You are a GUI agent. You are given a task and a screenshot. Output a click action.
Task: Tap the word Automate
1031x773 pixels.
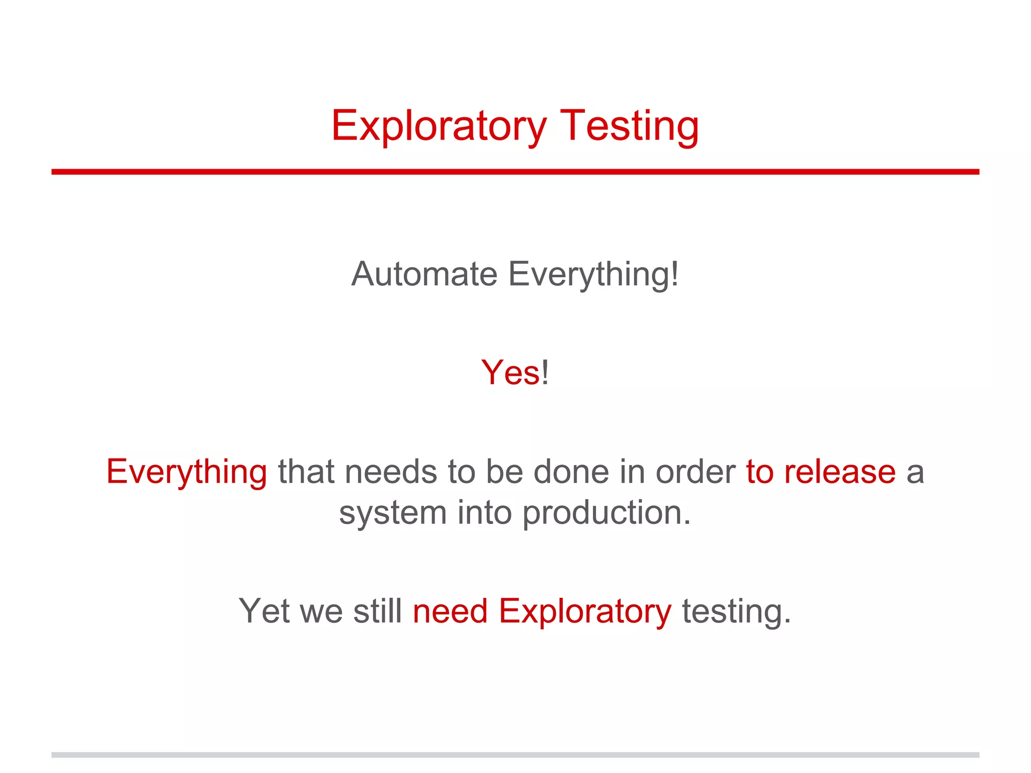coord(424,274)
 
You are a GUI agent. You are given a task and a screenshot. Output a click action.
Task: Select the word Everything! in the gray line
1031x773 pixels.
coord(594,274)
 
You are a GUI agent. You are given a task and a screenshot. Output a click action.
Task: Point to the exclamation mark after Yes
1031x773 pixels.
coord(545,373)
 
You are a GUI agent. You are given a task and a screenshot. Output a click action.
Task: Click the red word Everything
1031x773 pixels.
coord(186,472)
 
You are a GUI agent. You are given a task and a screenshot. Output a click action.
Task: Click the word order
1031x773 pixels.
coord(695,472)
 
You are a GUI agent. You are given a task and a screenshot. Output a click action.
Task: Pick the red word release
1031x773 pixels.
coord(840,472)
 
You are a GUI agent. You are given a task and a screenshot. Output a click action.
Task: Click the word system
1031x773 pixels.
coord(393,513)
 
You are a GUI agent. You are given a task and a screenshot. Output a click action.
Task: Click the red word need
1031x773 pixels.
coord(450,611)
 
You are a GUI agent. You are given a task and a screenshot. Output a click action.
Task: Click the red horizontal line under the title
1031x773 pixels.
coord(515,172)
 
